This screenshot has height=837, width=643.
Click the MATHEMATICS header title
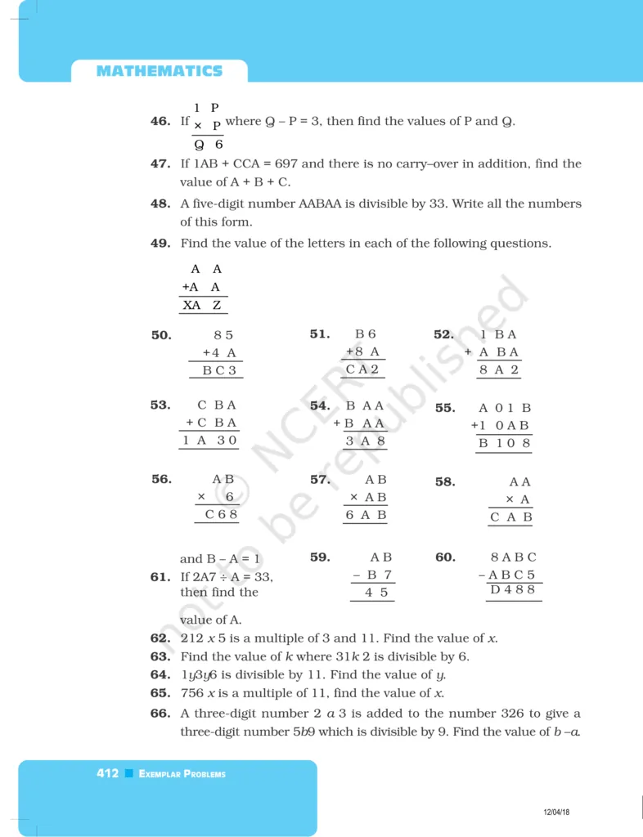coord(159,71)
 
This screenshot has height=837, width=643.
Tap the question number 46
coord(160,122)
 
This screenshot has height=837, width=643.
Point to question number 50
coord(161,335)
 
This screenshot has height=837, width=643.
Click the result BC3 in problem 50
coord(219,370)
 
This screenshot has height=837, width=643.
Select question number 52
coord(443,334)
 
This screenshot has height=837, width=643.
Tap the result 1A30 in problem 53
coord(209,441)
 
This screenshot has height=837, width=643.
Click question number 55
coord(445,408)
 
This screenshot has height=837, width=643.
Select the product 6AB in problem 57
coord(366,515)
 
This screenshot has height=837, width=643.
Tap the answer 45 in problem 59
coord(376,593)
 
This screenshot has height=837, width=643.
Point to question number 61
coord(160,577)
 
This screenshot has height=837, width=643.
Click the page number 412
coord(107,773)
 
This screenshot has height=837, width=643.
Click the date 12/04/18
coord(556,812)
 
